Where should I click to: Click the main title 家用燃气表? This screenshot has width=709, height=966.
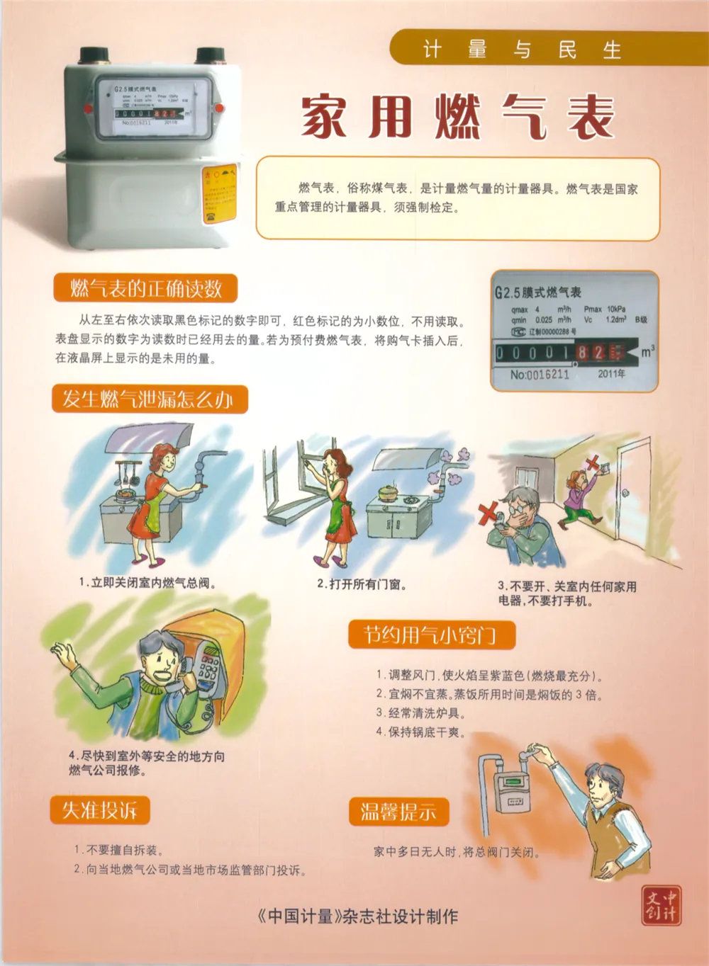click(x=457, y=118)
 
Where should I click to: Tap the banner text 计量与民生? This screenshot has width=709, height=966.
click(x=521, y=50)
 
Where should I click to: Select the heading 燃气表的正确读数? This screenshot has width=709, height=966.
click(x=145, y=288)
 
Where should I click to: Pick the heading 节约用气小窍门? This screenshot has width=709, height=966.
click(x=430, y=635)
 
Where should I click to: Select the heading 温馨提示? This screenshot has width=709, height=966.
click(x=398, y=812)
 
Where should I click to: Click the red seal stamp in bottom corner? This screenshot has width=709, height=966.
click(x=661, y=905)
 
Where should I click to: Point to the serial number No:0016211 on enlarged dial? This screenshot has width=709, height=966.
click(x=540, y=374)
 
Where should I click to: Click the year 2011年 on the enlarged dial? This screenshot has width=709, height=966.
click(x=611, y=373)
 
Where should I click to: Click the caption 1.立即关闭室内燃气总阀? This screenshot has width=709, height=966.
click(x=147, y=583)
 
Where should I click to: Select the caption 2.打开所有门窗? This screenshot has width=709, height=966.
click(x=362, y=584)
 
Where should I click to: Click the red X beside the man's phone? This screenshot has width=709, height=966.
click(x=488, y=512)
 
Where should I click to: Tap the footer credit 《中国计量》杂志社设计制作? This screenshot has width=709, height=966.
click(x=357, y=916)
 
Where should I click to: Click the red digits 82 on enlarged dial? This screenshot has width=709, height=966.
click(x=591, y=352)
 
